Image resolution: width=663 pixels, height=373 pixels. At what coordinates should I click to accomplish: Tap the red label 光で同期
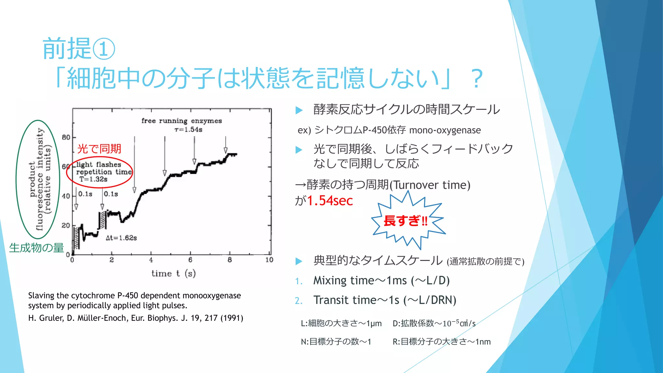pos(99,149)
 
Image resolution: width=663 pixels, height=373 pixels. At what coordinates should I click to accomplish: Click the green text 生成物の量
pos(37,248)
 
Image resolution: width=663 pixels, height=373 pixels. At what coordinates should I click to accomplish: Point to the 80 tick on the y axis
pos(66,137)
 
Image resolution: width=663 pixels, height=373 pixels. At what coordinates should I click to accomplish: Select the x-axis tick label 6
pos(190,260)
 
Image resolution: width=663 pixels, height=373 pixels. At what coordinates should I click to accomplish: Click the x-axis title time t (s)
pos(174,274)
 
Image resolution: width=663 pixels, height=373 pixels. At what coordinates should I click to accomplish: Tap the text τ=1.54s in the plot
pos(188,130)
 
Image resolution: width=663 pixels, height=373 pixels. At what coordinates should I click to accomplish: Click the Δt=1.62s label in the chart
pos(121,238)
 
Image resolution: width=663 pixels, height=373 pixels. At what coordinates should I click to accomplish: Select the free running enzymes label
pos(182,121)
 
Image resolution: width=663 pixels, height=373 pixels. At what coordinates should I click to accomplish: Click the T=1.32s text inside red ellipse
pos(94,179)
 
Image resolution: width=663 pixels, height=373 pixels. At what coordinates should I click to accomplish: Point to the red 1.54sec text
pos(330,201)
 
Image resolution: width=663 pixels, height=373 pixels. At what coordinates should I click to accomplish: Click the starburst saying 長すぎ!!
pos(406,221)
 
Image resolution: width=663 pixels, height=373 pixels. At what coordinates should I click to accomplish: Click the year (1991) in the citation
pos(232,318)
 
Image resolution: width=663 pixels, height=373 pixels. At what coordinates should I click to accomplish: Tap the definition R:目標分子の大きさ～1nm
pos(442,342)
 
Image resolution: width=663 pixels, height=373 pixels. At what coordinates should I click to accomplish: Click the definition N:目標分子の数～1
pos(336,342)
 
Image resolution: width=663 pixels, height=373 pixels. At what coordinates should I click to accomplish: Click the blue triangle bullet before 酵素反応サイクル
pos(299,110)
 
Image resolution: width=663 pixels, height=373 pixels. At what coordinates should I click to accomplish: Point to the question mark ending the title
pos(477,79)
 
